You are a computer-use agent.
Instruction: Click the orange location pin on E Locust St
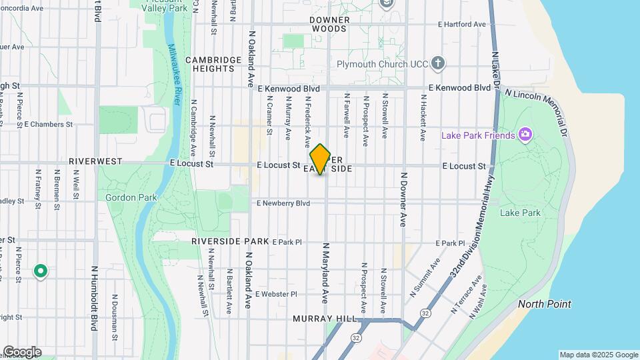point(321,159)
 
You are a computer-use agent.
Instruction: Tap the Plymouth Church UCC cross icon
point(437,64)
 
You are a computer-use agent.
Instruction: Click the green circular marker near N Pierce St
point(41,271)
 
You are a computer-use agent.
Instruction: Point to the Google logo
point(21,352)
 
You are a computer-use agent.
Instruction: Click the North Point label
point(545,304)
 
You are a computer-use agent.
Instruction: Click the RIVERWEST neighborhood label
point(95,161)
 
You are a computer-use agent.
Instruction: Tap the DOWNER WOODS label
point(329,25)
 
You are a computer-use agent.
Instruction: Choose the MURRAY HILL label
point(325,319)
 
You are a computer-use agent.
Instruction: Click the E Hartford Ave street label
point(462,24)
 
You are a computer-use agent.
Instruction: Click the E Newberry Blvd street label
point(283,203)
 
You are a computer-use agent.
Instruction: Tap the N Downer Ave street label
point(403,200)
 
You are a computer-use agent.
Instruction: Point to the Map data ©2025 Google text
point(598,355)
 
